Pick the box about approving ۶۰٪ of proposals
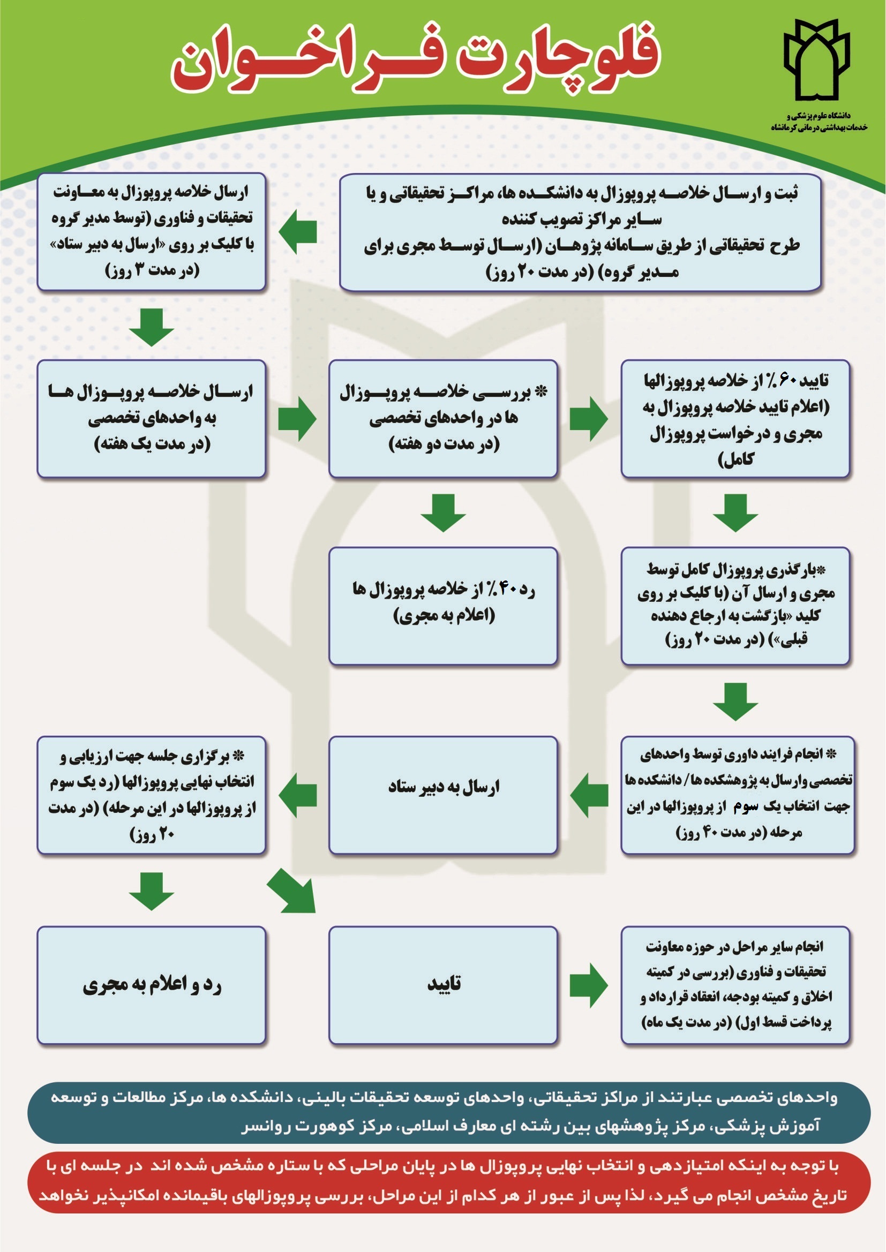[735, 419]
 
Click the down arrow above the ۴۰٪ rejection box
[444, 513]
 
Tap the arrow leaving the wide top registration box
[297, 231]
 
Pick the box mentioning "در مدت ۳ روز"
[151, 232]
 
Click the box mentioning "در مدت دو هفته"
[443, 419]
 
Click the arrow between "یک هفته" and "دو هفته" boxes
[297, 419]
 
